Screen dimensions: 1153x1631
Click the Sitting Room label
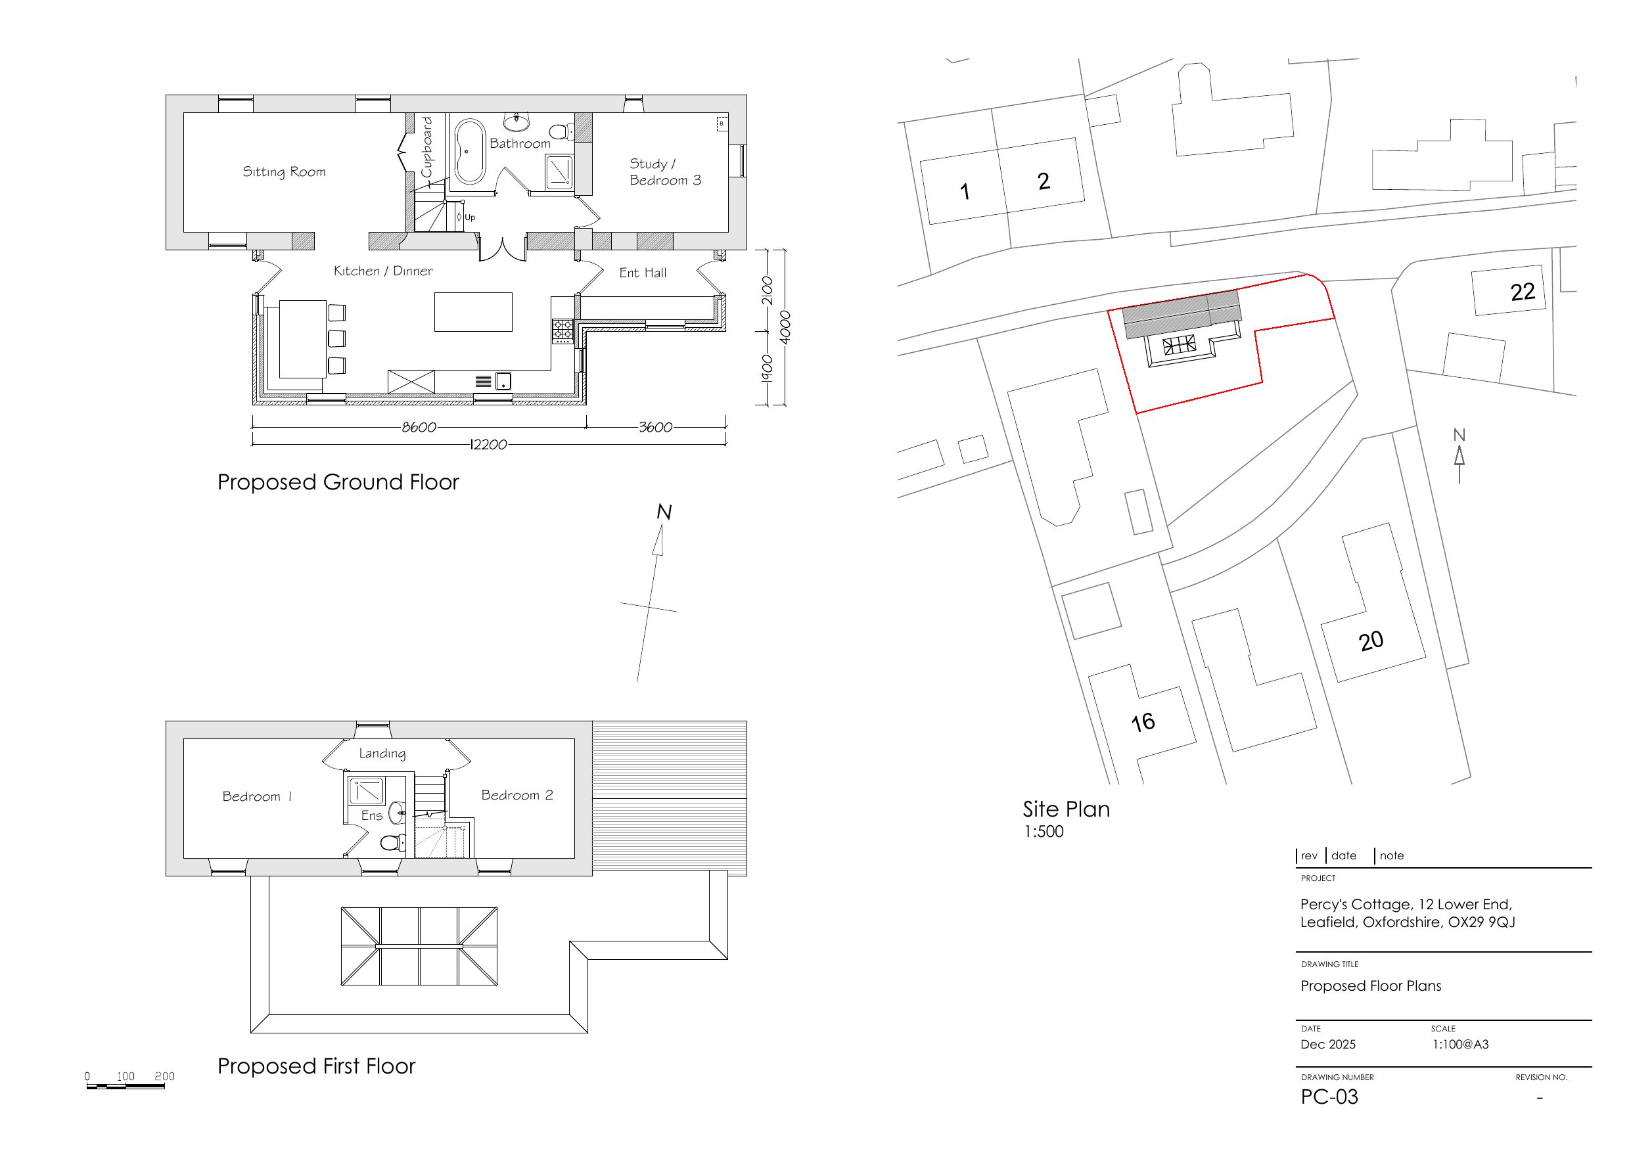tap(284, 172)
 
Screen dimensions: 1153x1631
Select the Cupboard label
tap(426, 147)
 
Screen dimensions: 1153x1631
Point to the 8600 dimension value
tap(419, 427)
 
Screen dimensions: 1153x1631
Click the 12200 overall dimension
tap(489, 445)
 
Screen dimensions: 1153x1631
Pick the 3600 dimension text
tap(655, 427)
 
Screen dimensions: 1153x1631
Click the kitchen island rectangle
tap(473, 312)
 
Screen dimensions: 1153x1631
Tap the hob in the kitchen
tap(563, 330)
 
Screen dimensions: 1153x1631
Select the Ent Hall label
tap(642, 273)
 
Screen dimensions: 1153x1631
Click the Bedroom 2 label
tap(517, 795)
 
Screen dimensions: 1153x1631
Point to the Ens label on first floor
tap(371, 815)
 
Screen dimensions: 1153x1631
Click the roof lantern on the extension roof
tap(419, 946)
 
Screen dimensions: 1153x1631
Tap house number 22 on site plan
tap(1523, 291)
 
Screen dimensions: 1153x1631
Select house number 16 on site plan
tap(1143, 723)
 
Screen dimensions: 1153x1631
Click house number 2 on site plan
tap(1044, 181)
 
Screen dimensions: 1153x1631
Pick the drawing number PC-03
tap(1329, 1097)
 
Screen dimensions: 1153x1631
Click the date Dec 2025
tap(1327, 1045)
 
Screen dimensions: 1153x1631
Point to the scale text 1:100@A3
tap(1459, 1045)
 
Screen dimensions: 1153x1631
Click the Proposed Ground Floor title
tap(338, 482)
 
